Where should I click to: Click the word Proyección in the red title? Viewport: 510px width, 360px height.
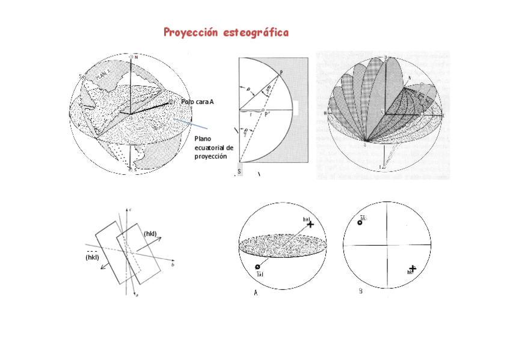[191, 32]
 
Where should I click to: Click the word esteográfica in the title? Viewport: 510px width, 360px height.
[256, 32]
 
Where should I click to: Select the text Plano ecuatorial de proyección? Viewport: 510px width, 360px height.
[213, 147]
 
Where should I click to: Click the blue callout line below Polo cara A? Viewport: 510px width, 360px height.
[192, 123]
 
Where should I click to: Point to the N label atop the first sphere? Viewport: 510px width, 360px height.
[137, 57]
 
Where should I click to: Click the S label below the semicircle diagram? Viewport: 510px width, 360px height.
[239, 172]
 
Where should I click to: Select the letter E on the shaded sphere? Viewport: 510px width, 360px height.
[443, 114]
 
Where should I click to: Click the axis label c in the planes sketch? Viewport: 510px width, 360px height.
[131, 209]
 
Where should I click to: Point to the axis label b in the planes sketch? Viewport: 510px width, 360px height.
[173, 264]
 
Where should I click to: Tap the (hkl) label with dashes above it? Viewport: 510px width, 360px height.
[92, 257]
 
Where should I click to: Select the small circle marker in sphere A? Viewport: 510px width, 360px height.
[257, 267]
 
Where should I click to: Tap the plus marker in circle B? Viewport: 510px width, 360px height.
[413, 268]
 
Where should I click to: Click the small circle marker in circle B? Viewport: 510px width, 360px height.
[360, 222]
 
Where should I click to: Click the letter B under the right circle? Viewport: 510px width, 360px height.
[360, 292]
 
